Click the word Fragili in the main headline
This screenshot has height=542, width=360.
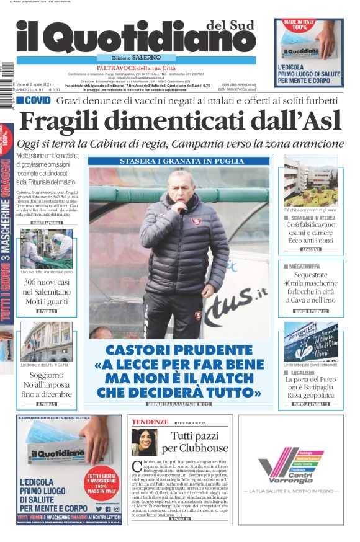tap(69, 120)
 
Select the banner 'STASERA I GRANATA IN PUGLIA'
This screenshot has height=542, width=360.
tap(179, 162)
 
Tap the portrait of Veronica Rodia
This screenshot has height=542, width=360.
tap(144, 442)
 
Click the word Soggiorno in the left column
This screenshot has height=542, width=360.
tap(47, 375)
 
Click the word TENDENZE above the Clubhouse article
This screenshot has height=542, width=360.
tap(150, 422)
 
